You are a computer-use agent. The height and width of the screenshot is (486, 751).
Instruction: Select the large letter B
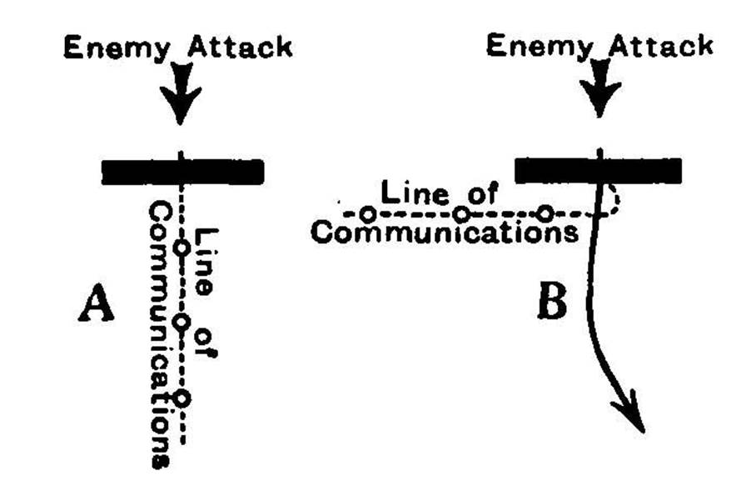coord(551,305)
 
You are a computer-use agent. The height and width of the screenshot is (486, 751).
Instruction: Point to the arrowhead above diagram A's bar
coord(181,109)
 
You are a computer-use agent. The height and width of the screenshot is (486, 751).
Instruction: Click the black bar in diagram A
coord(182,171)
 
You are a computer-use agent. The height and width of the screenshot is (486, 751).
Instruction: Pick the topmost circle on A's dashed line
coord(182,248)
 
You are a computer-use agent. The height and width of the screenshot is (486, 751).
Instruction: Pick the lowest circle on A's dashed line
coord(183,398)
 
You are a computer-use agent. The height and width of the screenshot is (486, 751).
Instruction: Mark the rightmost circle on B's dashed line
coord(545,213)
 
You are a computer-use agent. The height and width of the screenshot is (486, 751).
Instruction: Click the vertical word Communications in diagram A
coord(158,333)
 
